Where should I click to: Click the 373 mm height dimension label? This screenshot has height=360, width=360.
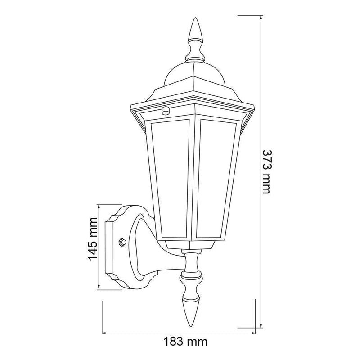pos(267,172)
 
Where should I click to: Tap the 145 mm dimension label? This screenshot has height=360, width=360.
pos(93,239)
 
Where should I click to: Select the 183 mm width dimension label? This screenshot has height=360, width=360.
pos(185,342)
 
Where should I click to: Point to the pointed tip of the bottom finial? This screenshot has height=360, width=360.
pos(191,326)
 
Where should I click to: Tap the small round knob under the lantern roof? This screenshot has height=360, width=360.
pos(165,110)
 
